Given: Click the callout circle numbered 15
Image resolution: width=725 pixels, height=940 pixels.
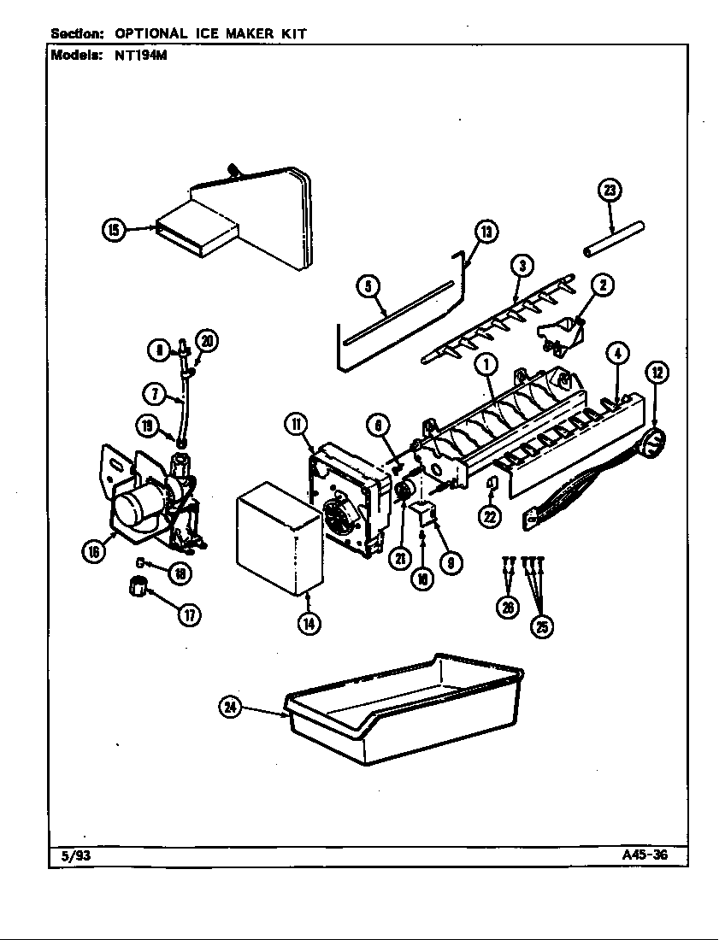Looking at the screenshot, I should click(113, 229).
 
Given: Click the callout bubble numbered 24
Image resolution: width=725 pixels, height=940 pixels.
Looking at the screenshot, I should click(231, 707).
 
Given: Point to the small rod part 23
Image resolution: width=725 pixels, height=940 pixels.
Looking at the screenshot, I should click(613, 239).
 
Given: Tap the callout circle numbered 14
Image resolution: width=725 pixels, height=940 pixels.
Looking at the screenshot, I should click(309, 623).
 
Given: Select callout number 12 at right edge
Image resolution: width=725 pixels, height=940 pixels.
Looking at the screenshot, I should click(657, 372).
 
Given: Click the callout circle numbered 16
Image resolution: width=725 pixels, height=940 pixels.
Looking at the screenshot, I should click(94, 551).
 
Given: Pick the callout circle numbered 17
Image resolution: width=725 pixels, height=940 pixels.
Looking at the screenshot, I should click(185, 614).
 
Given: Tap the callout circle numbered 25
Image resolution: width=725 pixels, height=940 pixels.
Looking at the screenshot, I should click(540, 627).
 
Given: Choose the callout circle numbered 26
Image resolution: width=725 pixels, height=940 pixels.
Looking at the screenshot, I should click(510, 608).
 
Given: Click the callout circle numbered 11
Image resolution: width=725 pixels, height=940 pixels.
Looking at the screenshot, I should click(296, 423).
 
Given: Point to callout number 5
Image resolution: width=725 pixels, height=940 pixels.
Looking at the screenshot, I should click(368, 287).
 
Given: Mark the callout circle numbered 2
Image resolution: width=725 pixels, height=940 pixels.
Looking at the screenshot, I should click(602, 285).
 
